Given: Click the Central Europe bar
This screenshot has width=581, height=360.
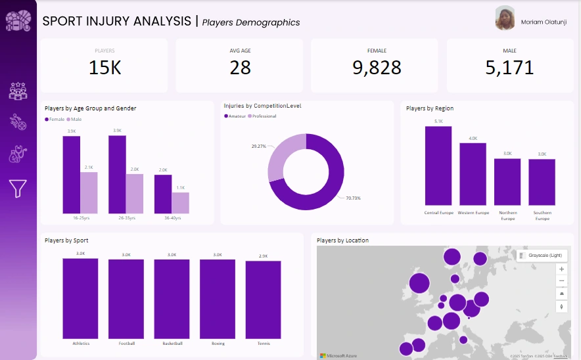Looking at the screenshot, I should pyautogui.click(x=438, y=166).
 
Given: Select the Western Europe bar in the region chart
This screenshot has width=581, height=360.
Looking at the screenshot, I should pyautogui.click(x=473, y=174).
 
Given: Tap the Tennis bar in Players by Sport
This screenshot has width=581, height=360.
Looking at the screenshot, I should pyautogui.click(x=263, y=299).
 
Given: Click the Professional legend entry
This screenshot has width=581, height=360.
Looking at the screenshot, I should pyautogui.click(x=263, y=116).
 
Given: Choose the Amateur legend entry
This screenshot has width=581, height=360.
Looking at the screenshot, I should pyautogui.click(x=235, y=116).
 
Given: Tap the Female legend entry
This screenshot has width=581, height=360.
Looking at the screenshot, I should pyautogui.click(x=55, y=120).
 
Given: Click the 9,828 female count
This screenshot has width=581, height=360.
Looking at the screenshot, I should pyautogui.click(x=377, y=68).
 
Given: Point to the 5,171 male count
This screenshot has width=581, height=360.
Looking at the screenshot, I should pyautogui.click(x=509, y=68).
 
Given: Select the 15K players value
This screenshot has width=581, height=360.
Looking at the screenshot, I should pyautogui.click(x=105, y=68).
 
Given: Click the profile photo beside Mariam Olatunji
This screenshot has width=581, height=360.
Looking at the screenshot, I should pyautogui.click(x=505, y=18).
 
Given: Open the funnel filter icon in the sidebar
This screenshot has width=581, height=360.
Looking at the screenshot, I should pyautogui.click(x=18, y=189).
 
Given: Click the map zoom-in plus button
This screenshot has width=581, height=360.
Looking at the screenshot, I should pyautogui.click(x=561, y=269).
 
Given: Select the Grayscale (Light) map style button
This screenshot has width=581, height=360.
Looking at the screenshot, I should pyautogui.click(x=542, y=256).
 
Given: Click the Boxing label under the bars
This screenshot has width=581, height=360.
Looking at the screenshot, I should pyautogui.click(x=218, y=344).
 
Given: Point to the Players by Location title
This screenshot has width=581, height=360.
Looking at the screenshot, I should pyautogui.click(x=342, y=240).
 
